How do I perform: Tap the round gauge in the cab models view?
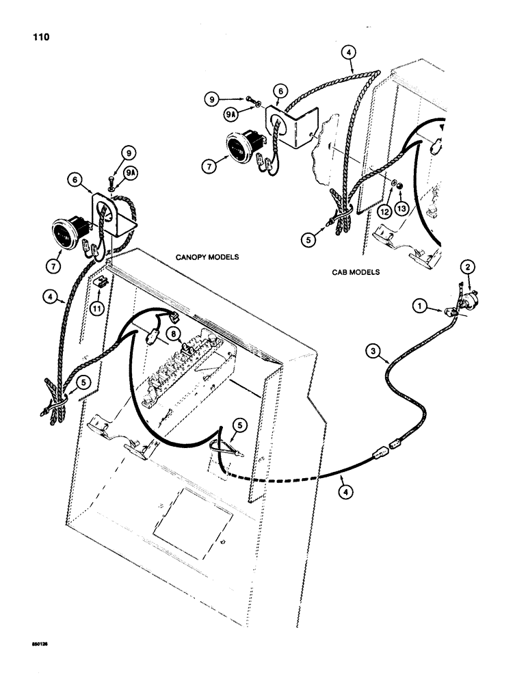241,147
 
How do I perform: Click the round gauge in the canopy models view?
65,233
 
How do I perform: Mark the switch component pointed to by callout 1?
452,311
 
